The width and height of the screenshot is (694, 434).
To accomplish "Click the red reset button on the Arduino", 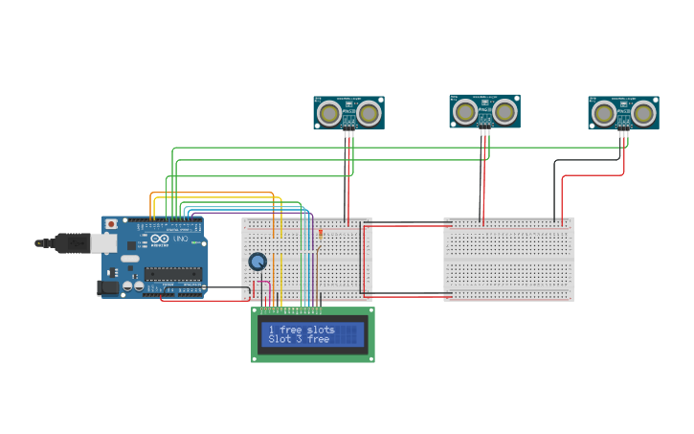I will click(x=111, y=223).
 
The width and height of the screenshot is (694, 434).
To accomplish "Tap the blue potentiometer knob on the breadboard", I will click(x=257, y=262).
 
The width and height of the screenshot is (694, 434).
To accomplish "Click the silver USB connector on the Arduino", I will click(x=102, y=243).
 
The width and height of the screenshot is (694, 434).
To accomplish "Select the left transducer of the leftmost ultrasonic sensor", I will click(x=329, y=113).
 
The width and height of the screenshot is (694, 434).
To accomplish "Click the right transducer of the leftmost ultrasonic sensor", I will click(x=369, y=113).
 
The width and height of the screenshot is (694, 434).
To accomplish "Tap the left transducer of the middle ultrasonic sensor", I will click(x=465, y=112).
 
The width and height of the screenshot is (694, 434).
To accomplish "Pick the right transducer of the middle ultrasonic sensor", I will click(x=504, y=112).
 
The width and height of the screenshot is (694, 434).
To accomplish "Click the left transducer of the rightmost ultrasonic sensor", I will click(x=603, y=114).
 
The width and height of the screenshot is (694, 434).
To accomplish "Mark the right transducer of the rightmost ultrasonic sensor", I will click(x=643, y=114).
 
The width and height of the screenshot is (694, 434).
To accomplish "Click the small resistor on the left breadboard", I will click(x=320, y=232).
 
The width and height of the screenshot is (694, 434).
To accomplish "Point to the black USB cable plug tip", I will click(x=40, y=243).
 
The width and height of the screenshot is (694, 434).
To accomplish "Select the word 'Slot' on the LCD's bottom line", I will click(x=280, y=339).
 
